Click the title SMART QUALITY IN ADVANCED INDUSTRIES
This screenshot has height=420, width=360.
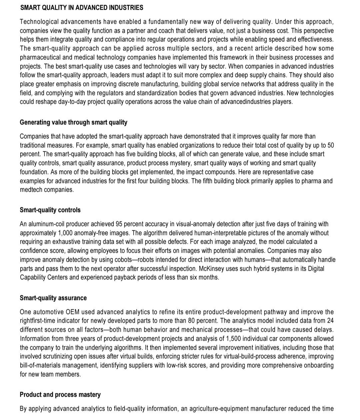click(x=82, y=8)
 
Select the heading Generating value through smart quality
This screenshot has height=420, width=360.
click(x=73, y=122)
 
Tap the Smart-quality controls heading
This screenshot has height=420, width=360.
click(x=50, y=210)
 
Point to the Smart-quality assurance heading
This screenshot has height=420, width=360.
click(x=53, y=298)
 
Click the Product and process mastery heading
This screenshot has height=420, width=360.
click(x=60, y=395)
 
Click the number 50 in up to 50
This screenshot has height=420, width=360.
click(x=330, y=145)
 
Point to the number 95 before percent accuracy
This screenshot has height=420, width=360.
click(x=119, y=224)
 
